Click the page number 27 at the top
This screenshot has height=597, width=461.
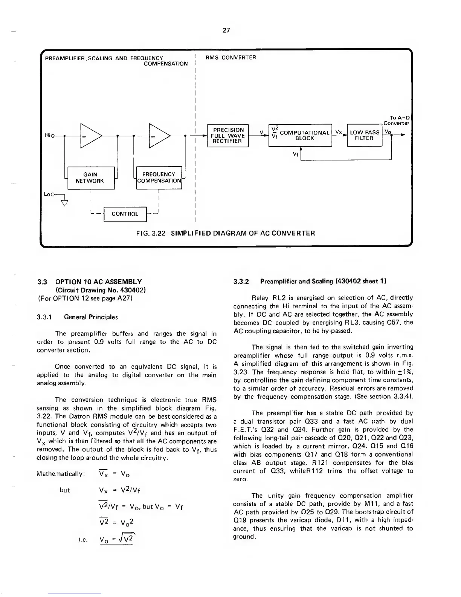point(226,31)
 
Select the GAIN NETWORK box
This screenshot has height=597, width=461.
point(90,178)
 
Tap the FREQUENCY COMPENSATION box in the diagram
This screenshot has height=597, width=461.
point(159,178)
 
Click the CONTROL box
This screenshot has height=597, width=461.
point(125,214)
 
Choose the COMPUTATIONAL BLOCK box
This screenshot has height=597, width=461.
point(300,135)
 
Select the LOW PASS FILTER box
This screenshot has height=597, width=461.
point(364,135)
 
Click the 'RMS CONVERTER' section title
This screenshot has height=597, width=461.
point(230,58)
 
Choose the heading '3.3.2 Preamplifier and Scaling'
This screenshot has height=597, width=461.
point(310,282)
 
